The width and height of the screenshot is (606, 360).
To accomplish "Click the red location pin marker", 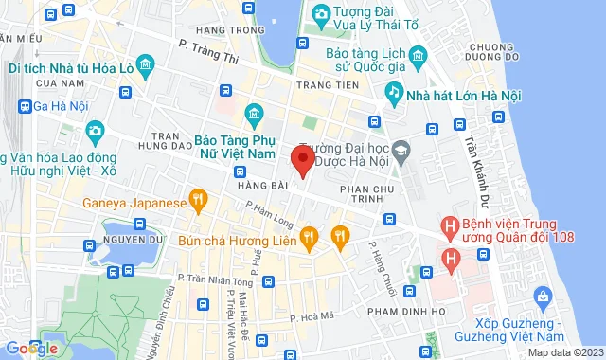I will click(x=302, y=159).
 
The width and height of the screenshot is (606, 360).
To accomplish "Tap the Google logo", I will click(x=30, y=349).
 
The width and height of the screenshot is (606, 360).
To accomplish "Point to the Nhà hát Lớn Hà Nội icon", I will click(x=393, y=92).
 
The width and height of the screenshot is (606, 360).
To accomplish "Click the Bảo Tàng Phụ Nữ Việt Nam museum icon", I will click(x=253, y=116).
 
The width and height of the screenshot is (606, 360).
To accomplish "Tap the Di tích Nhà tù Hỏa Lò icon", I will click(x=146, y=64).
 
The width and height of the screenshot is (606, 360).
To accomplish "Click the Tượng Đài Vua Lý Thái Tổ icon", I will click(x=321, y=14).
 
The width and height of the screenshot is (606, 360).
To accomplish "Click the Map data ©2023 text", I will click(x=564, y=352).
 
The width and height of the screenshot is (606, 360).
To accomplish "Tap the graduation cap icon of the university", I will click(x=401, y=150).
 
